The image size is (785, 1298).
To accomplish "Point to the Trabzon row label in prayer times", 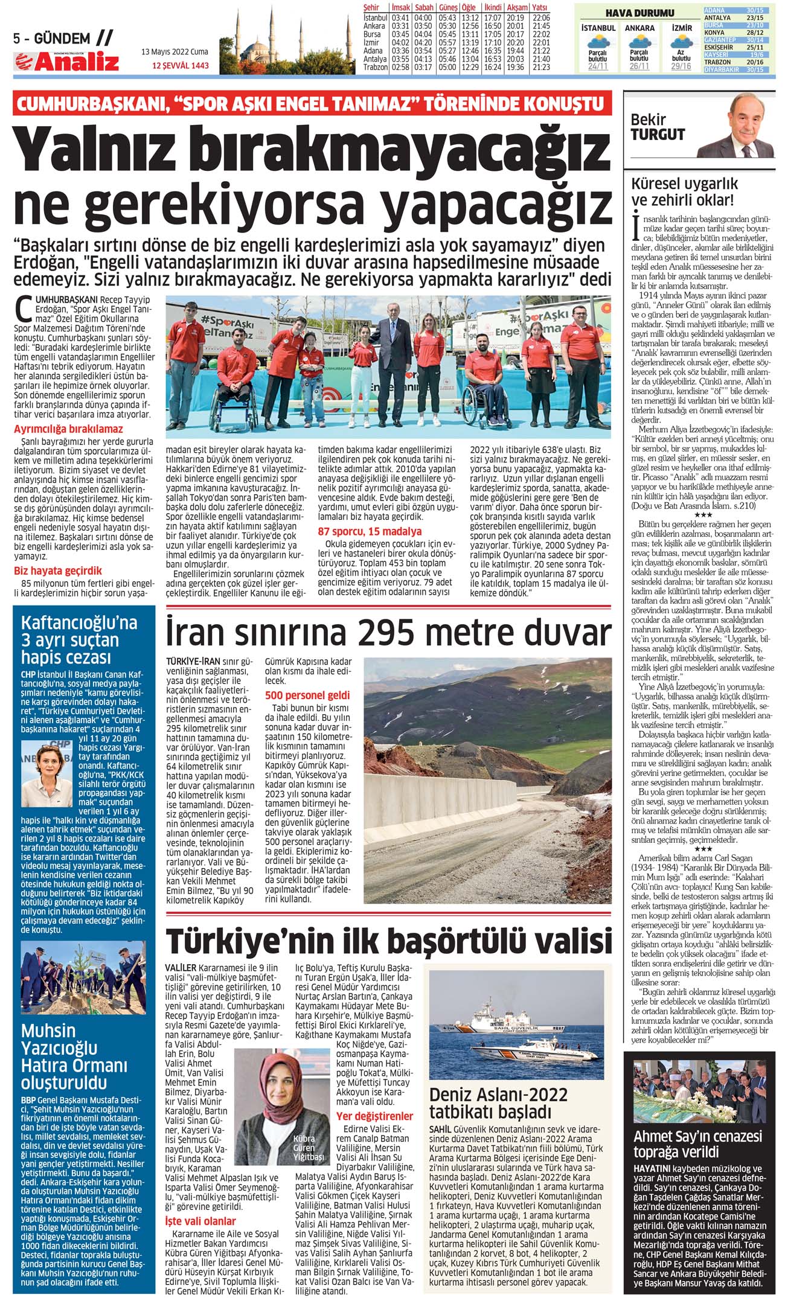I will (375, 67).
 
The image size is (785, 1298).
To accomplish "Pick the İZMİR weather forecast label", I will (682, 28).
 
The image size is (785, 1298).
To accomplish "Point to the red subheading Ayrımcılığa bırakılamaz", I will (68, 429).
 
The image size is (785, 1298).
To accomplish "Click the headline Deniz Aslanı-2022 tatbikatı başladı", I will (498, 1103).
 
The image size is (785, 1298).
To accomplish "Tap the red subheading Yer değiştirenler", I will (374, 1116).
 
